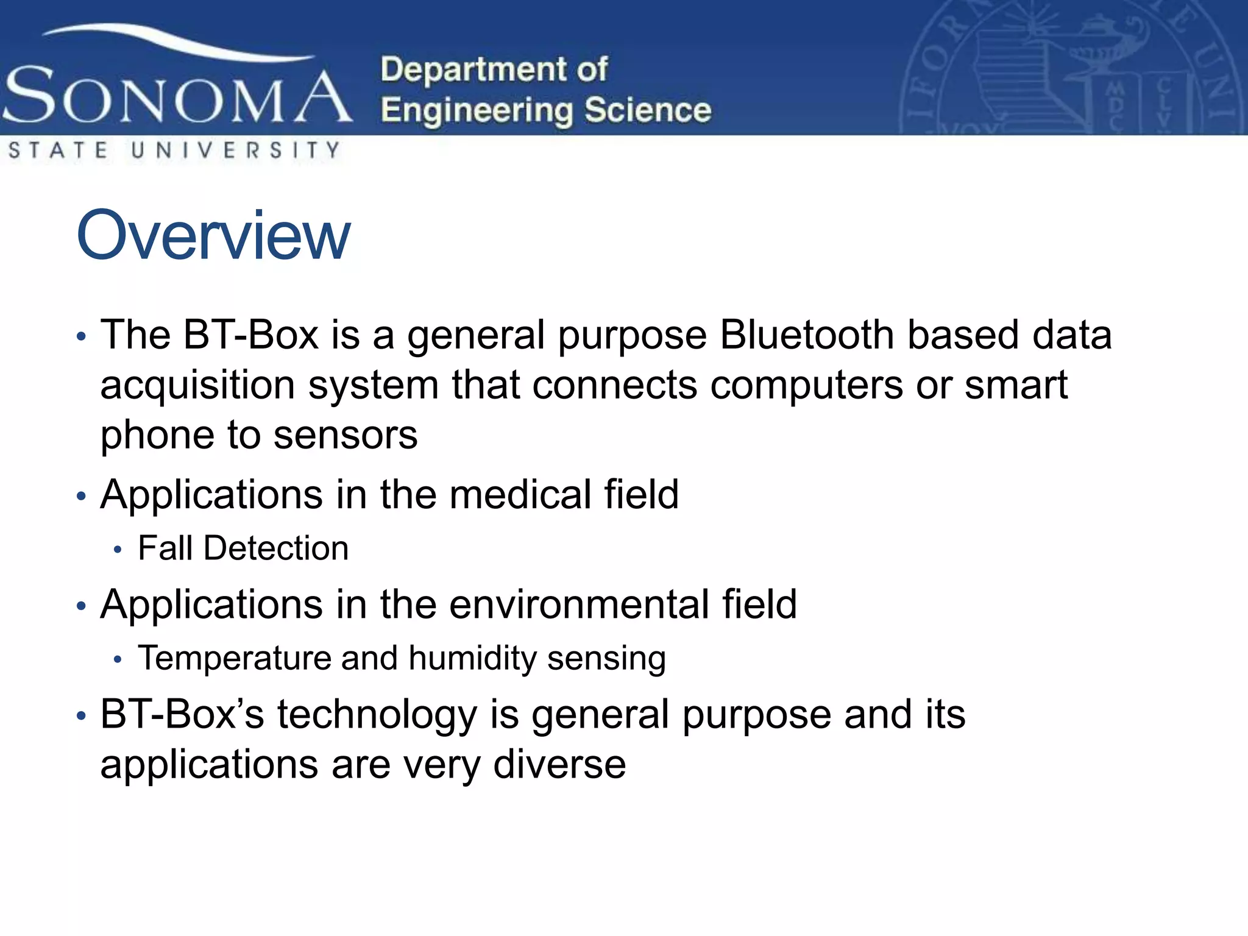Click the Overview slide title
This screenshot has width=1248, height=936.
tap(213, 235)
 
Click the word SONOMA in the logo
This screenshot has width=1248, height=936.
tap(177, 96)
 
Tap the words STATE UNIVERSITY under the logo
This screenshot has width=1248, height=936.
tap(174, 150)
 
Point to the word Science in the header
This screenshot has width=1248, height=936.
tap(647, 111)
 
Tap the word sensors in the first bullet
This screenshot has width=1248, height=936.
tap(346, 435)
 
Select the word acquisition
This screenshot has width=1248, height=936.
tap(197, 386)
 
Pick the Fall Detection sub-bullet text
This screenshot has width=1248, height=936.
tap(243, 548)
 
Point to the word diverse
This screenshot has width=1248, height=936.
tap(559, 765)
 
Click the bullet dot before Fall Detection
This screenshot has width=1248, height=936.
tap(118, 550)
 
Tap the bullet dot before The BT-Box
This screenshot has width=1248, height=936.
tap(82, 337)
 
